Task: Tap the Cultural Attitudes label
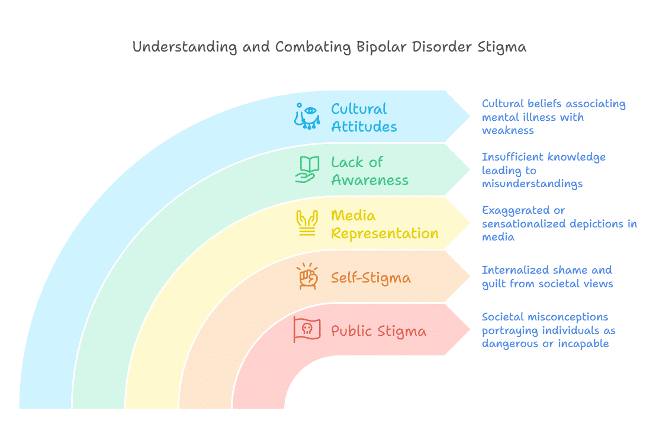coord(363,117)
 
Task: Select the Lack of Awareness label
coord(369,171)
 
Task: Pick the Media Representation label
coord(384,224)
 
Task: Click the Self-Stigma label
coord(371,277)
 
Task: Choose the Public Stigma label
coord(378,331)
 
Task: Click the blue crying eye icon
coord(307,116)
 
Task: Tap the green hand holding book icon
coord(307,169)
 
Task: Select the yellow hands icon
coord(307,223)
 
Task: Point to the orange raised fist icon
coord(307,277)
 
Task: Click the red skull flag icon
coord(307,329)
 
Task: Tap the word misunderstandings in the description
coord(532,184)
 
